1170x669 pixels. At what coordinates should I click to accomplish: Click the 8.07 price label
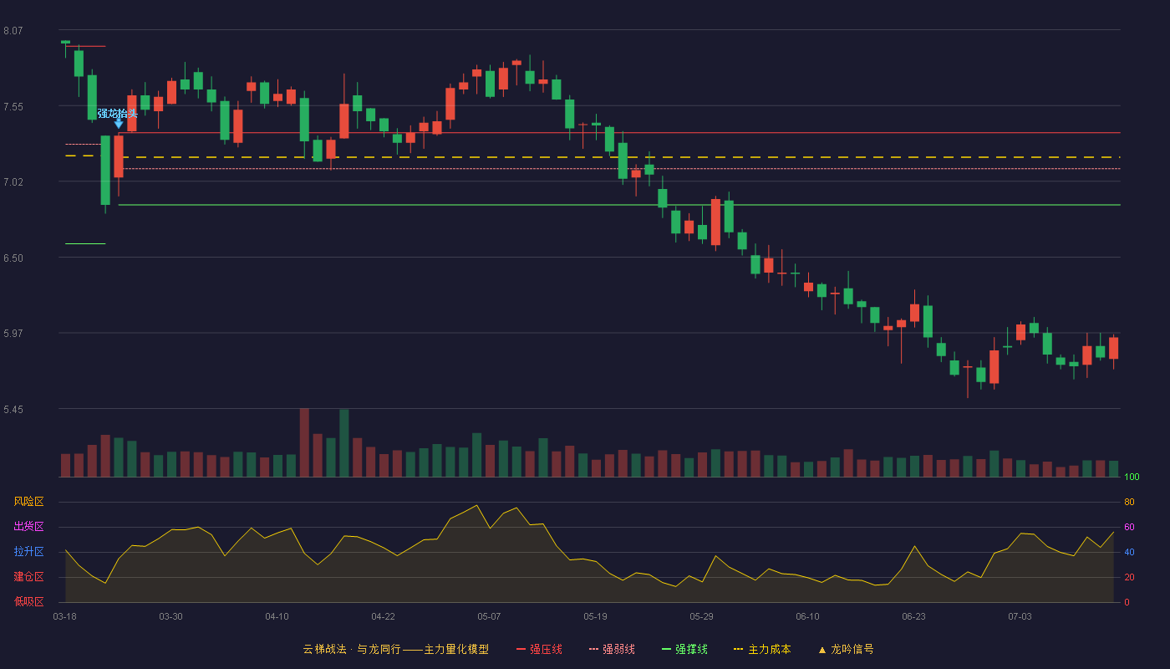click(x=13, y=31)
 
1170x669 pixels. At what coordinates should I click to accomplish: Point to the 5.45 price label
click(x=13, y=409)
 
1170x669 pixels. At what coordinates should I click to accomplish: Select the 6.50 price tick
click(x=13, y=258)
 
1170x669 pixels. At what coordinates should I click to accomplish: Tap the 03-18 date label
click(x=65, y=617)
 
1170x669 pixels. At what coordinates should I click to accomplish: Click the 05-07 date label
click(x=489, y=617)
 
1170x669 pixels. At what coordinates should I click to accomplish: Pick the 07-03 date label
click(x=1020, y=617)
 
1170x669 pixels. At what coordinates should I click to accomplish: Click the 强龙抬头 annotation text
click(x=118, y=113)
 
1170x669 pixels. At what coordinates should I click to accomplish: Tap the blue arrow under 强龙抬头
click(x=119, y=124)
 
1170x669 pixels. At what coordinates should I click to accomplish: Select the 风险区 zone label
click(x=28, y=502)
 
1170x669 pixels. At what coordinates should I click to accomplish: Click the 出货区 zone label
click(x=28, y=526)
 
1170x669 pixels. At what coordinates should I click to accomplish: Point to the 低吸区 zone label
click(x=28, y=601)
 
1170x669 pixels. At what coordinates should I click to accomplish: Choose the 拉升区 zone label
click(x=28, y=551)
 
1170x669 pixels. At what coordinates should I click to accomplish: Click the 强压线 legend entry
click(x=539, y=649)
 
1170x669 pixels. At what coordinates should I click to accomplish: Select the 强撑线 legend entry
click(x=684, y=649)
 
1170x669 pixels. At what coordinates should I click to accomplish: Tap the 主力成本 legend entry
click(x=762, y=649)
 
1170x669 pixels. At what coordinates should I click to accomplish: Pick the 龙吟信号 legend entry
click(x=846, y=649)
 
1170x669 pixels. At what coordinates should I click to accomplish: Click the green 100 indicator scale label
click(x=1132, y=477)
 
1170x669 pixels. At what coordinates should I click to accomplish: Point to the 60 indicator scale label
click(x=1129, y=527)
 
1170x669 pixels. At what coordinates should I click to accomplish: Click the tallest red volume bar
click(x=304, y=442)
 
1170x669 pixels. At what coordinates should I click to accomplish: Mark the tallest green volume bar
click(x=344, y=443)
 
